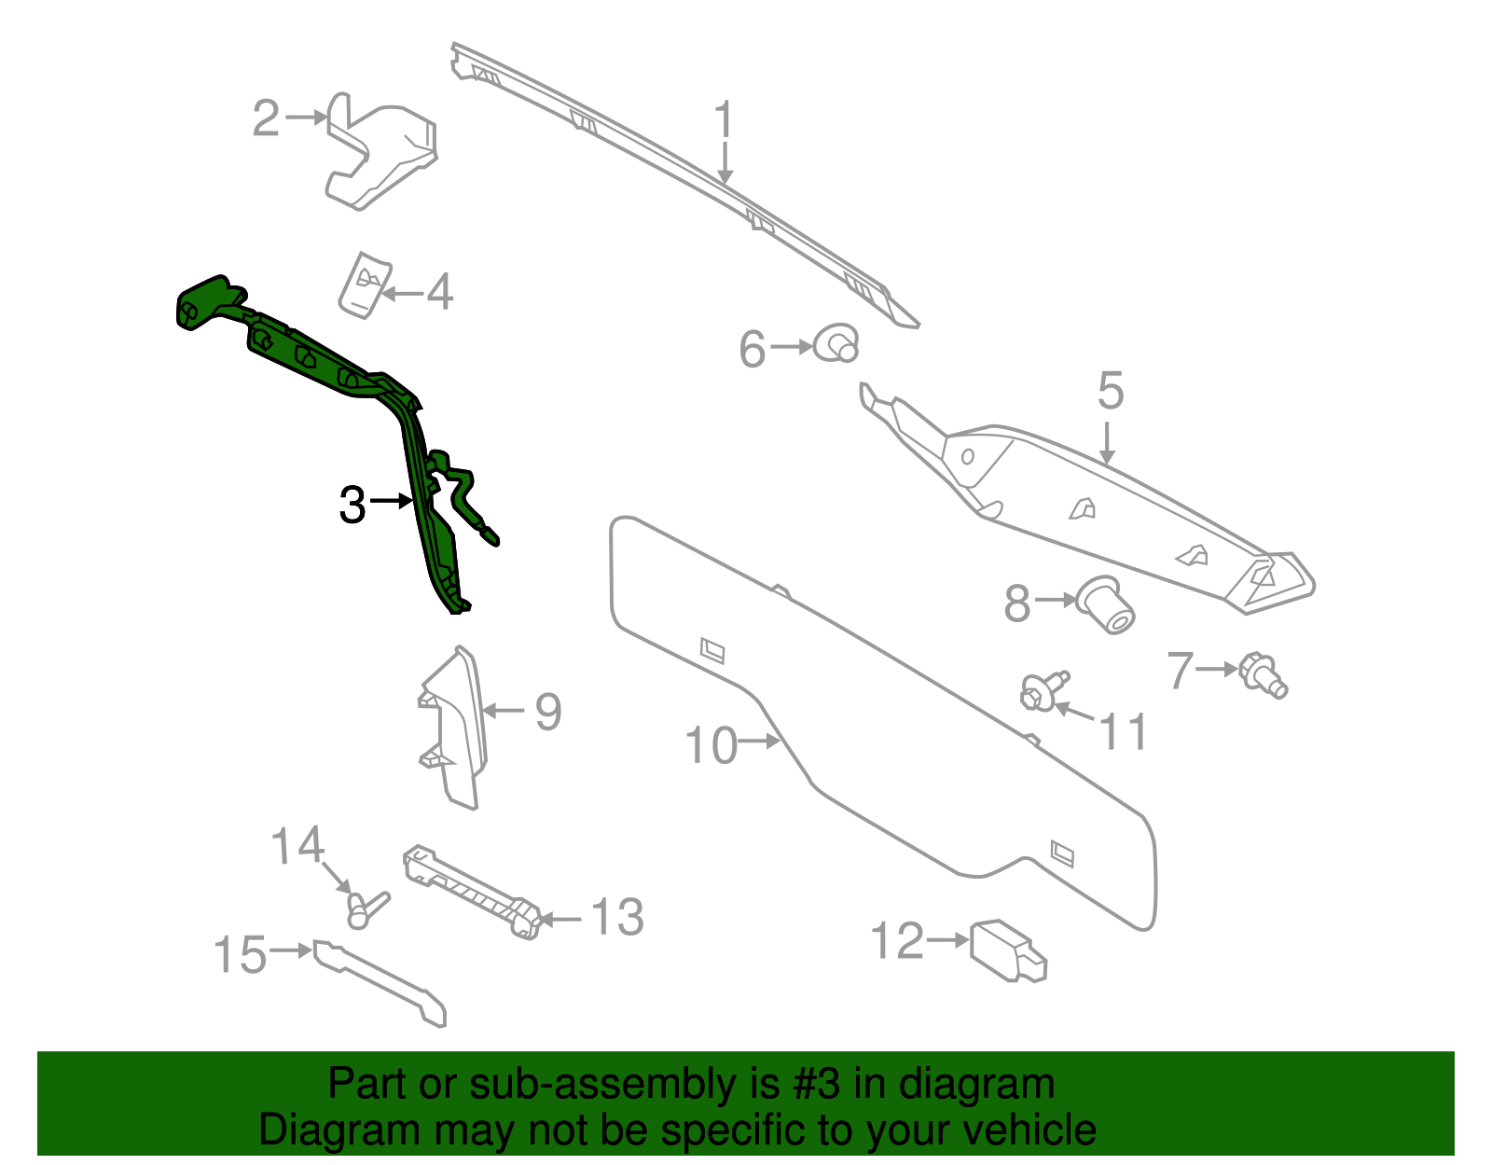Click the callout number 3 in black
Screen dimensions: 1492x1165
click(x=352, y=505)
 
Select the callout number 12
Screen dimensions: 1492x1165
click(x=897, y=940)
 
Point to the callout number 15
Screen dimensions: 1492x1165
click(x=240, y=954)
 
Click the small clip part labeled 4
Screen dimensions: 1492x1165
click(x=366, y=285)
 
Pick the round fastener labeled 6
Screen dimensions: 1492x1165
click(x=836, y=342)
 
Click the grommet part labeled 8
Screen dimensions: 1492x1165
click(x=1105, y=604)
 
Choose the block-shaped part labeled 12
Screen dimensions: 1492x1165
click(x=1008, y=950)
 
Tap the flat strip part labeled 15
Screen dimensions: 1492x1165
click(x=380, y=983)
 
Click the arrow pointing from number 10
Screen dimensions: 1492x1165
click(x=759, y=741)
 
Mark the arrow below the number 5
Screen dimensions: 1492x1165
click(x=1106, y=443)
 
